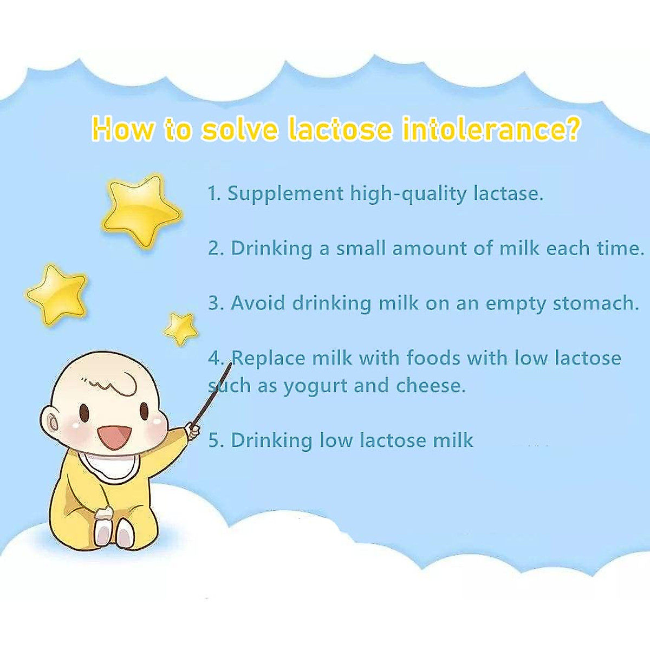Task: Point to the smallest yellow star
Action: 181,329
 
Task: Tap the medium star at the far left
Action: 58,295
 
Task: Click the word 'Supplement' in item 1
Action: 285,194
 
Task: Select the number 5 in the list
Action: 213,440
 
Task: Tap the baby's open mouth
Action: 115,437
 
